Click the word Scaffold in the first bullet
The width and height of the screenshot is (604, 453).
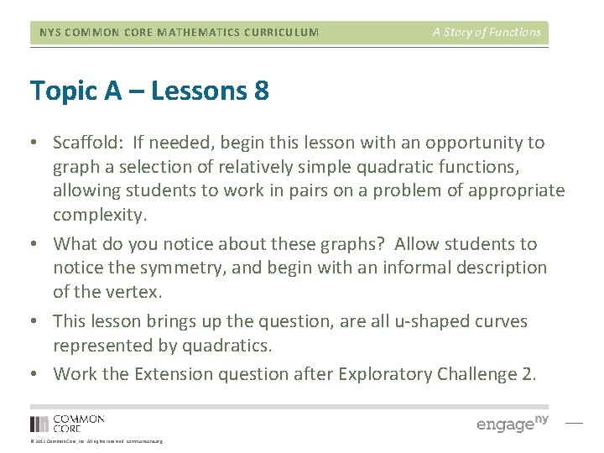point(84,143)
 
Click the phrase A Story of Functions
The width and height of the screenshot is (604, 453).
point(487,33)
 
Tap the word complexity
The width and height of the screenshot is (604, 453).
point(99,215)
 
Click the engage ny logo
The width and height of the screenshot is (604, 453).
point(512,424)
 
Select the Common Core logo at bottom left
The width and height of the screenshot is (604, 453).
point(67,423)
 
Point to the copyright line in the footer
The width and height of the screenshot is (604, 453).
point(96,441)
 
